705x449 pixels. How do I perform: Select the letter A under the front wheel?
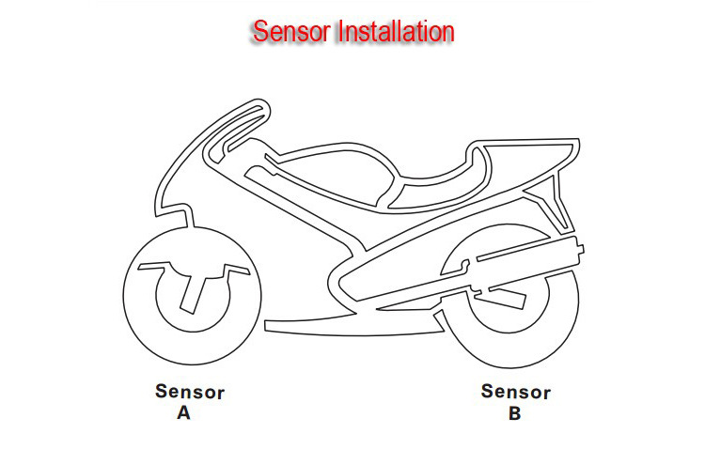(x=183, y=412)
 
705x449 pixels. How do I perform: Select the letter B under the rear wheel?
(x=514, y=412)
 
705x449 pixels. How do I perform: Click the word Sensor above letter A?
(x=190, y=392)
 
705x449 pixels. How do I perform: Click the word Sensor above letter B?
(x=516, y=392)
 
